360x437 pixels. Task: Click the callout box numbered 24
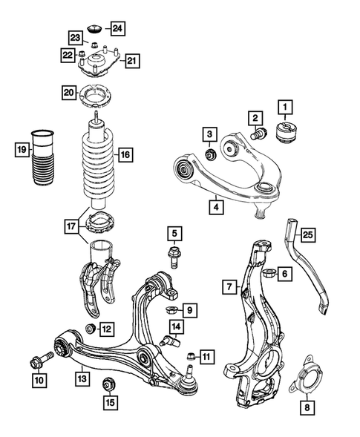(x=118, y=28)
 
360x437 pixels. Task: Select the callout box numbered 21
(x=131, y=60)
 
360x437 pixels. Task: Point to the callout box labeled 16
(x=124, y=155)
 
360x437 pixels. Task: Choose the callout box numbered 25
(x=308, y=236)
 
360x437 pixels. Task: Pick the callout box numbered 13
(x=81, y=379)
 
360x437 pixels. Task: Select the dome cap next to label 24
(x=96, y=29)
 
